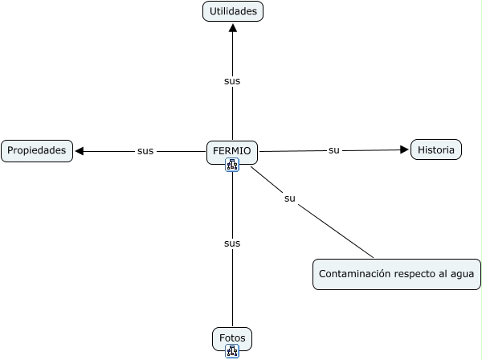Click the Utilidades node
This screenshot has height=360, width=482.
(233, 11)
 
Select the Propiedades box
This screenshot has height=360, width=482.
(36, 150)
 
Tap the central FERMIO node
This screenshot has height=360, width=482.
(232, 150)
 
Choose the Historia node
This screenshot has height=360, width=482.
(436, 149)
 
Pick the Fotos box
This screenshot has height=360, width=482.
(232, 338)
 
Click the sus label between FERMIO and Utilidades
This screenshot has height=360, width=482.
(232, 81)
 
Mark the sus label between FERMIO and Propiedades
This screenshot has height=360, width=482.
(145, 151)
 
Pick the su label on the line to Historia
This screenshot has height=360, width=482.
(334, 150)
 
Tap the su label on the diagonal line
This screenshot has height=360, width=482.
(290, 198)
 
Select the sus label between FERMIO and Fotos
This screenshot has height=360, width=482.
(232, 243)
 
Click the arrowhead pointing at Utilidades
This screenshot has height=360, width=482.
(233, 27)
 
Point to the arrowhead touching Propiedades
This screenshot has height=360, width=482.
(80, 151)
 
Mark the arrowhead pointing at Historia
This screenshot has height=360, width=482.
(405, 149)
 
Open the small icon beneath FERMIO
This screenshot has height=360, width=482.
(232, 166)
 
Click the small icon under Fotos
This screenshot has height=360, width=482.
(232, 351)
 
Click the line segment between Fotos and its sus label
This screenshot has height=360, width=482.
(232, 289)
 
